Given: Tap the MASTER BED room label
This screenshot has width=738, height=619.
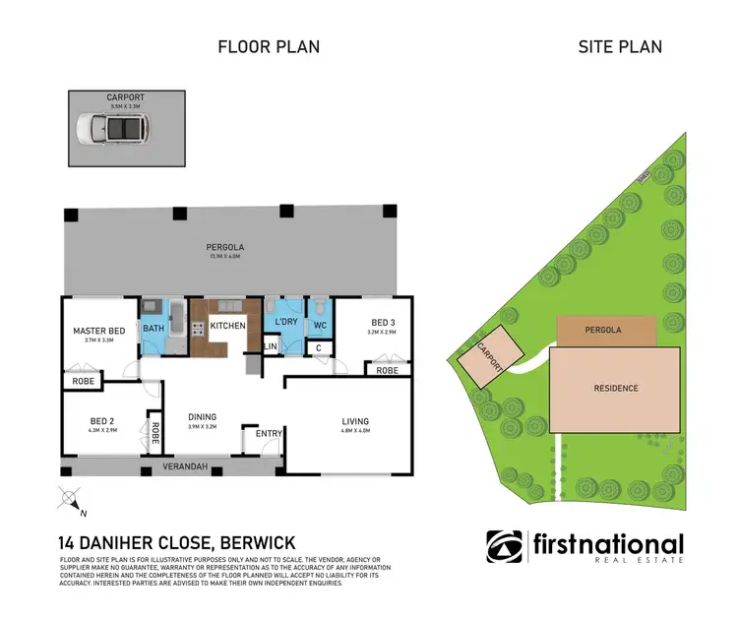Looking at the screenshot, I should click(99, 330).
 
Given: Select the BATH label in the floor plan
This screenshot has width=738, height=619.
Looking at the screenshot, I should click(154, 329).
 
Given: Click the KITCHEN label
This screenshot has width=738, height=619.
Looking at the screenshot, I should click(226, 325).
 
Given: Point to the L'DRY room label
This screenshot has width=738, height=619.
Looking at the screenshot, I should click(286, 322).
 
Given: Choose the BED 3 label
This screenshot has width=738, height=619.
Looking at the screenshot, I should click(384, 322).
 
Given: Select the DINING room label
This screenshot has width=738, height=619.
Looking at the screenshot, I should click(203, 416).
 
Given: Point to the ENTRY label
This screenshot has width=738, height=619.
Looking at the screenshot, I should click(268, 434).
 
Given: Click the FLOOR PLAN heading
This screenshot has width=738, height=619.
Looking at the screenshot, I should click(268, 46).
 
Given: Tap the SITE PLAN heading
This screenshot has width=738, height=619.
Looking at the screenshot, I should click(619, 46).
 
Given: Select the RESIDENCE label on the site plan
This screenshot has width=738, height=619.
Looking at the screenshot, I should click(615, 388).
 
